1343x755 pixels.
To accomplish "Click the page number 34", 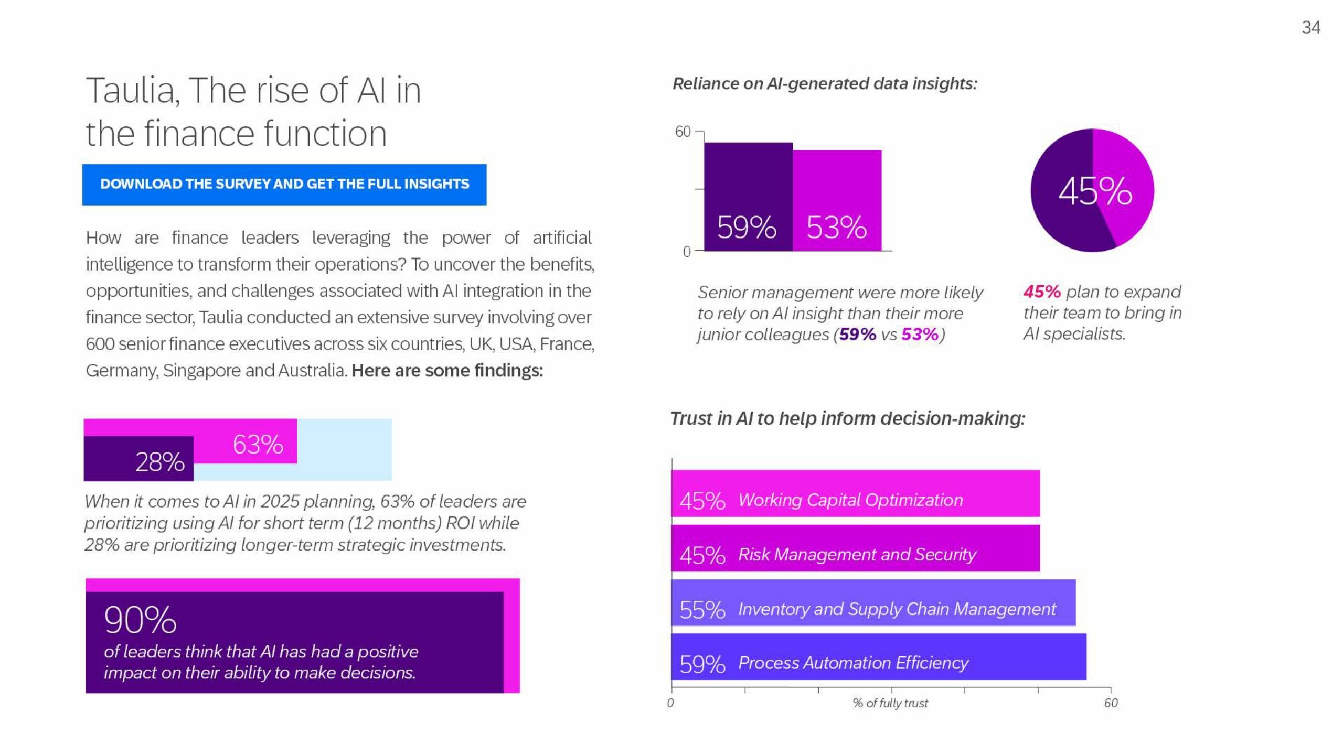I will coord(1310,27).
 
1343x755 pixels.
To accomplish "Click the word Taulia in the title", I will coord(131,91).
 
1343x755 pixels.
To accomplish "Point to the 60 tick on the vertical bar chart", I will coord(683,132).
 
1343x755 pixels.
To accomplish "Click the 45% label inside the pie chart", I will coord(1095,191).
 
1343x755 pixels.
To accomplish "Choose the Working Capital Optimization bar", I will coord(855,493).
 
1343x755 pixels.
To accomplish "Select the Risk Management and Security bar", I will coord(855,548).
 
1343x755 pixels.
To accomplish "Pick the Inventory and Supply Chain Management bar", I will coord(873,603).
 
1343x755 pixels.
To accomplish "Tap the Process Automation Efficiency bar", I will coord(879,657).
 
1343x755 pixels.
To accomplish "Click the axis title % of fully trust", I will coord(890,703).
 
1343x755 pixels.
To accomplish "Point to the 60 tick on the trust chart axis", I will coord(1111,703).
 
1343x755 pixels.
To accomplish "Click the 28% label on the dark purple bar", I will coord(159,462).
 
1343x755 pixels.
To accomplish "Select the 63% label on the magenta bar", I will coord(258,445).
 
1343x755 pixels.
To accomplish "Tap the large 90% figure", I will coord(140,620).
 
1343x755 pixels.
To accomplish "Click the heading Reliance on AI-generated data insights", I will coord(825,84).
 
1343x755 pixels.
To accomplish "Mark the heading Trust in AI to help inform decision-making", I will coord(847,418).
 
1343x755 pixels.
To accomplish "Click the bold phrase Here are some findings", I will coord(447,371).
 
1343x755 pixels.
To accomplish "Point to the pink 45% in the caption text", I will coord(1041,292).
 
